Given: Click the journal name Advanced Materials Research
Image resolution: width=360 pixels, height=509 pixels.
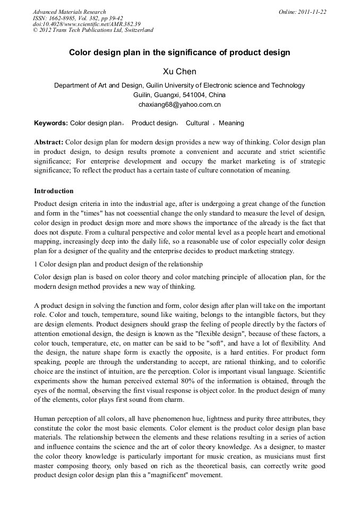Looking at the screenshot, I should pyautogui.click(x=70, y=12).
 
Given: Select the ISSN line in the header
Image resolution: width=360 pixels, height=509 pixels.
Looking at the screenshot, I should pyautogui.click(x=78, y=18).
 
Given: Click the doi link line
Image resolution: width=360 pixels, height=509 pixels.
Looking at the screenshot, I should pyautogui.click(x=87, y=24).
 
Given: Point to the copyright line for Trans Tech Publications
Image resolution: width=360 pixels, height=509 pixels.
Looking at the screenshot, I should pyautogui.click(x=93, y=30).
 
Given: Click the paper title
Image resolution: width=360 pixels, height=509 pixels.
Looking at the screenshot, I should pyautogui.click(x=179, y=53).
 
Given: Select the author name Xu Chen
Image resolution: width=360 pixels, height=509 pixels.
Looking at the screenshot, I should pyautogui.click(x=179, y=71).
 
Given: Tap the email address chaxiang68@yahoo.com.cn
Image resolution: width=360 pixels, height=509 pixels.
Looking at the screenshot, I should pyautogui.click(x=179, y=105).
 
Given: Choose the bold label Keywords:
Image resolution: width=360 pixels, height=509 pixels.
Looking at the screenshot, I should pyautogui.click(x=51, y=123).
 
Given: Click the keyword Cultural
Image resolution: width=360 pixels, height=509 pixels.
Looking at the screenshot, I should pyautogui.click(x=197, y=123).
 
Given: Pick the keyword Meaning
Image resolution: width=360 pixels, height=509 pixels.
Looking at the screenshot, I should pyautogui.click(x=232, y=123).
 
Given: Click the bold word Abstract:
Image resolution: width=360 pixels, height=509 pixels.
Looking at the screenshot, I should pyautogui.click(x=49, y=143).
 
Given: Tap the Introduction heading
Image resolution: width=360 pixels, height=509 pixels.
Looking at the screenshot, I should pyautogui.click(x=54, y=191).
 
